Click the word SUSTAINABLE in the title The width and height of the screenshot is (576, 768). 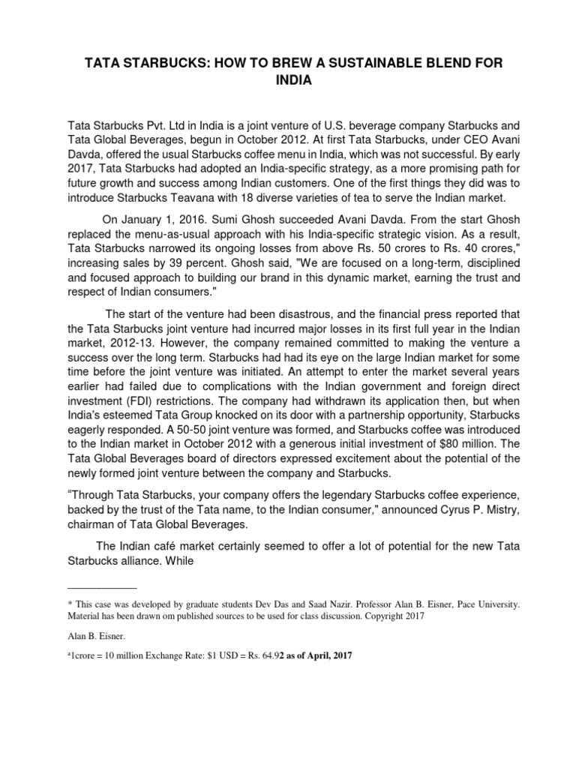350,64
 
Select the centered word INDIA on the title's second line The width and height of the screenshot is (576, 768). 288,84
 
